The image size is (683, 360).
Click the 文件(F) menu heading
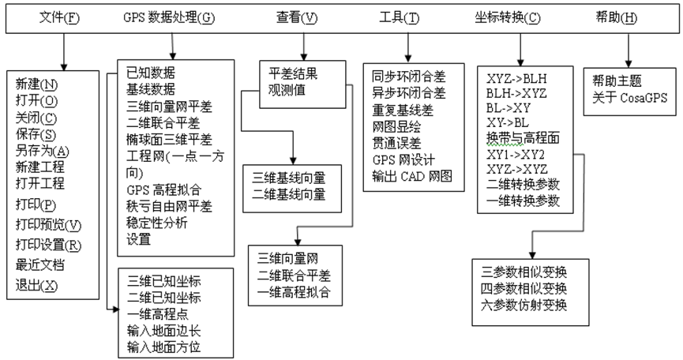(x=59, y=17)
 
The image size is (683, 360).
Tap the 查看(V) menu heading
(x=298, y=17)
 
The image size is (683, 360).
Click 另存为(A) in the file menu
(x=42, y=151)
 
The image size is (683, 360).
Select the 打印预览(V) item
(x=48, y=225)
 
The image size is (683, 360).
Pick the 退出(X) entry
(x=36, y=284)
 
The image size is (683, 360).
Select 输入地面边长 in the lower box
(x=163, y=331)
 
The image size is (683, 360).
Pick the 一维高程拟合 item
(x=294, y=292)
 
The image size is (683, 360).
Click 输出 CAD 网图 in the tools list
(x=412, y=175)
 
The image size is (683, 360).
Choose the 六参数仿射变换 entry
(x=524, y=304)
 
